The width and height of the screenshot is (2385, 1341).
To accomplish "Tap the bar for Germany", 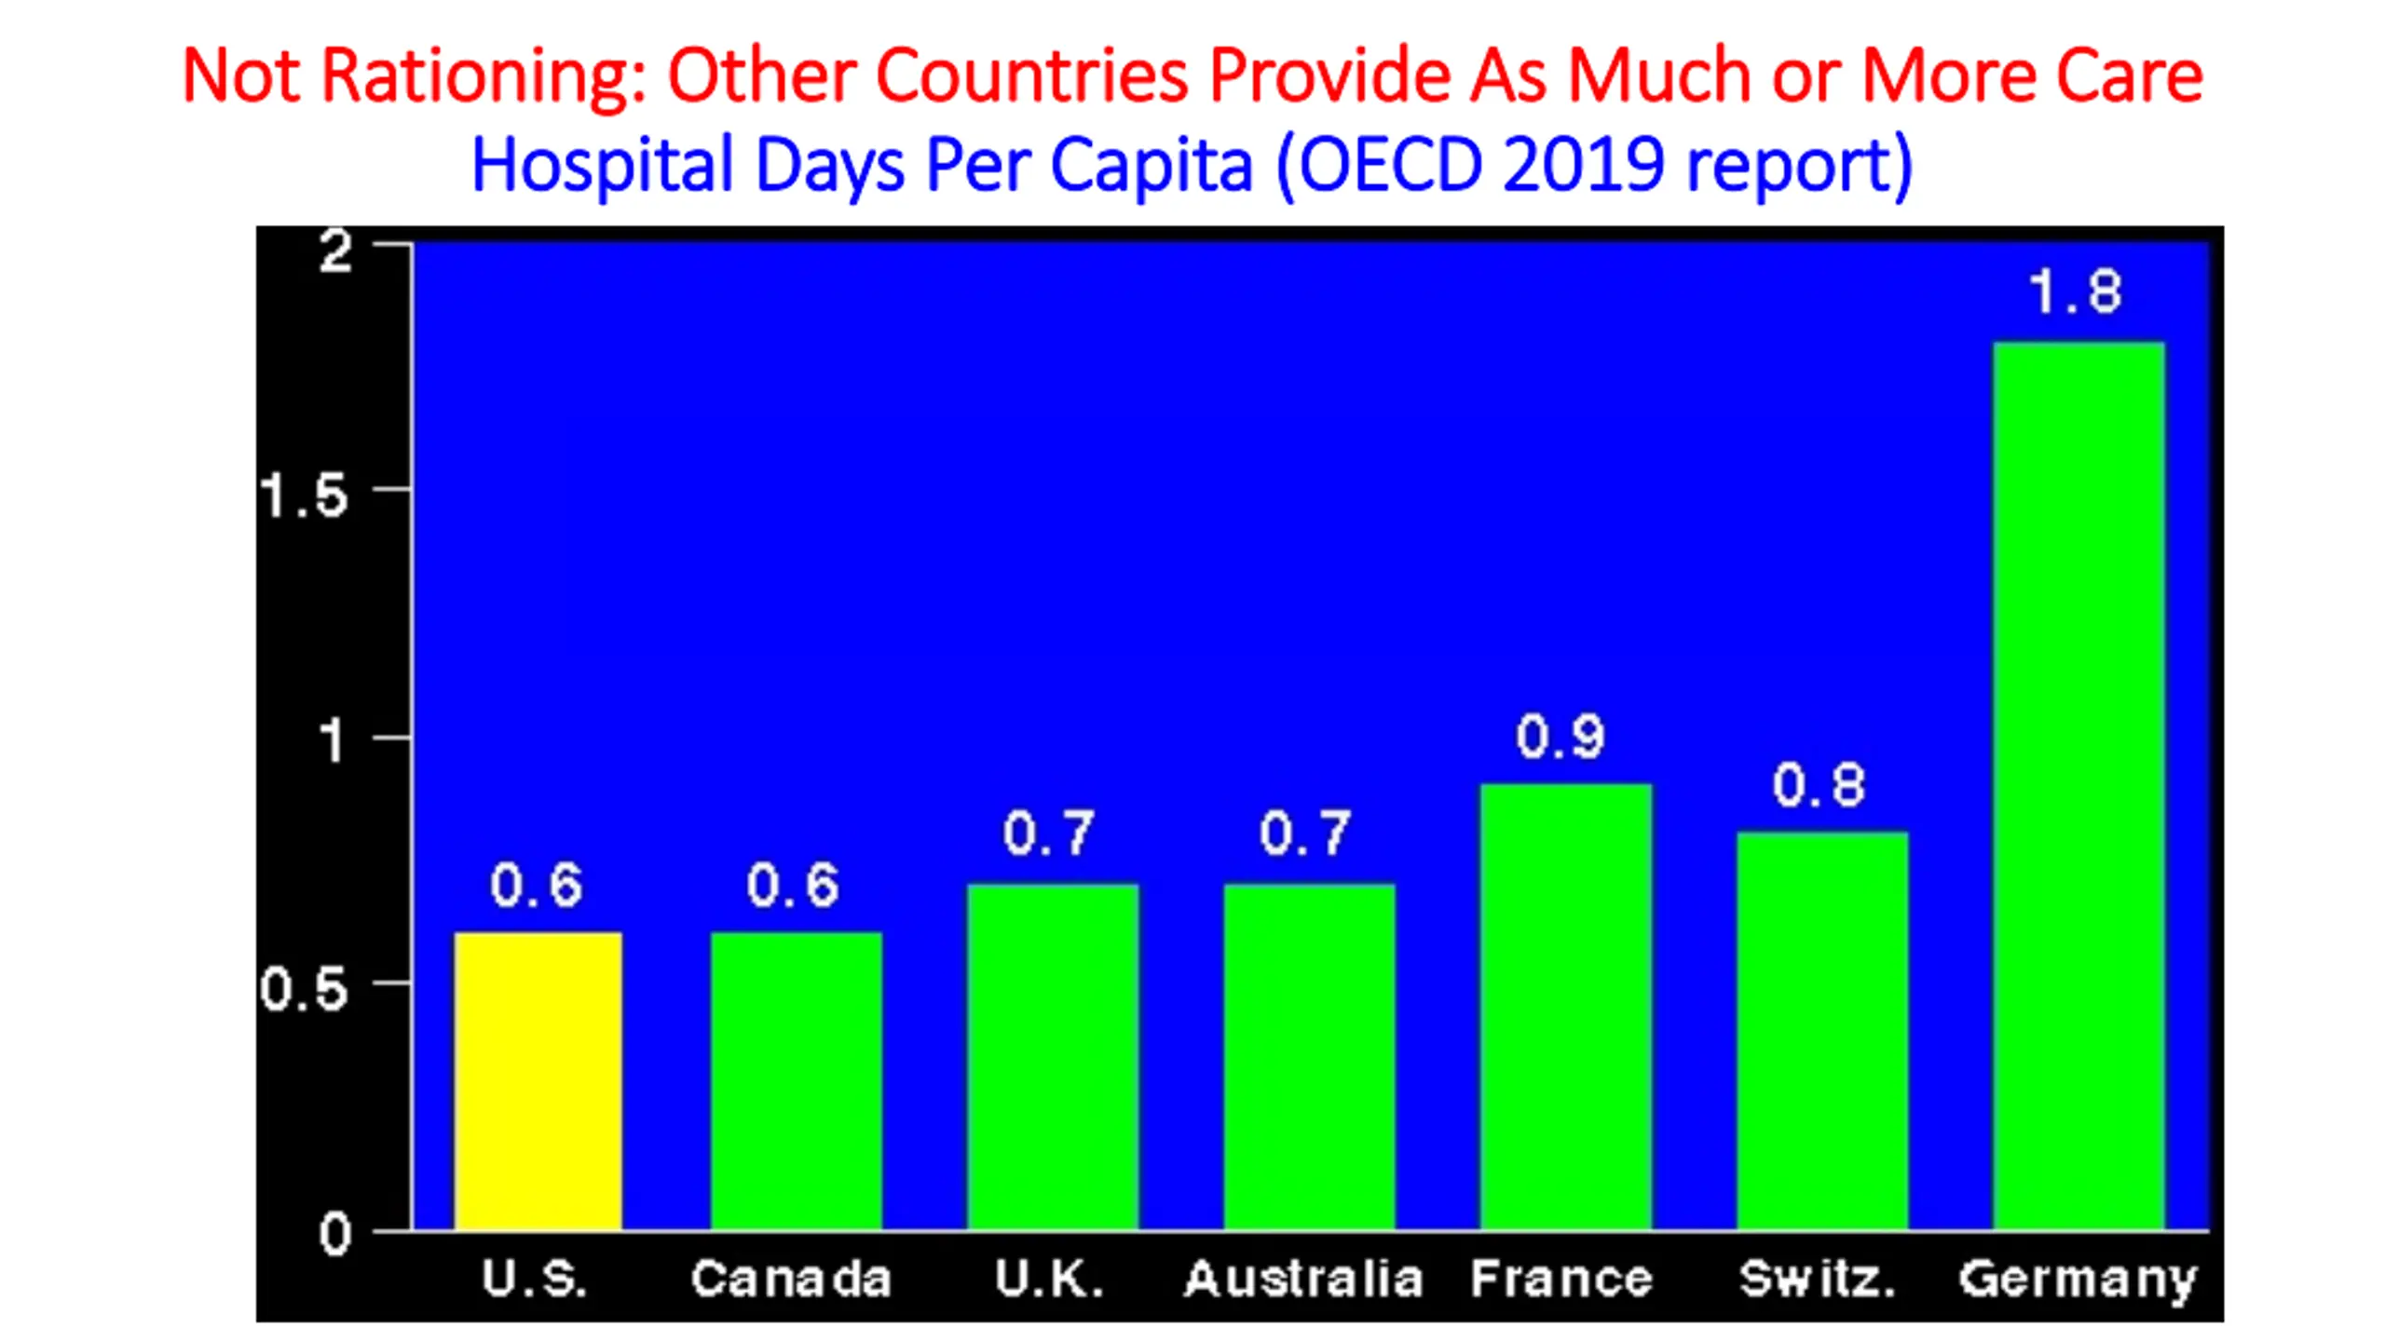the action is coord(2078,786).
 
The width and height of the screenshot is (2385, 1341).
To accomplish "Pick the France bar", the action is coord(1565,1007).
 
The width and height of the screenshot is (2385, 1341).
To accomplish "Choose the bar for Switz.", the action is coord(1822,1031).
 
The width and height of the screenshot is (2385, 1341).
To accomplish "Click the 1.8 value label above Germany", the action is coord(2076,291).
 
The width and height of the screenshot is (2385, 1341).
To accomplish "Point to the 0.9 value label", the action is coord(1560,737).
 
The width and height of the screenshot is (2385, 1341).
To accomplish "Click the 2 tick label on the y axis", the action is coord(335,251).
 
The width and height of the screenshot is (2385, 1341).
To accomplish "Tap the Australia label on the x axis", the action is coord(1303,1279).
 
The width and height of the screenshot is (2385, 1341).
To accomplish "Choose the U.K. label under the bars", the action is coord(1049,1279).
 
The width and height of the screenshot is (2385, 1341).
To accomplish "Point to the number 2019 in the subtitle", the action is coord(1583,165).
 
